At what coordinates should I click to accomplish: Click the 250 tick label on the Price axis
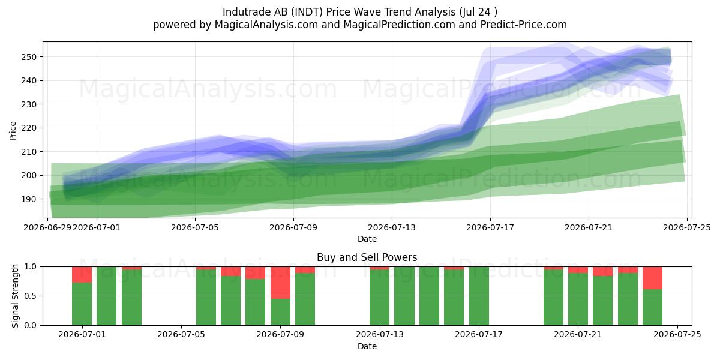tap(29, 57)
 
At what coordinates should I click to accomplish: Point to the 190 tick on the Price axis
tap(29, 199)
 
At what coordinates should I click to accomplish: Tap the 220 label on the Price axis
tap(29, 128)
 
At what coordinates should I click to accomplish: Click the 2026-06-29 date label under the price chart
tap(47, 228)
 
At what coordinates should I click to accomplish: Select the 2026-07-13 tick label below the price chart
tap(391, 228)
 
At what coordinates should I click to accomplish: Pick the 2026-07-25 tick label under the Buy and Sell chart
tap(677, 335)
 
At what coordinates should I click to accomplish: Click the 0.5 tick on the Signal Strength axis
tap(31, 296)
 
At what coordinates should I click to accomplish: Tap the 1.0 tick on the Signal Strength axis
tap(31, 267)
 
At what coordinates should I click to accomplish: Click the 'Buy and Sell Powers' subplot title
tap(367, 257)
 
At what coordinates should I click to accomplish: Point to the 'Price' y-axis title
tap(13, 131)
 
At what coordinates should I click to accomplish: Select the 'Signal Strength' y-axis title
tap(15, 296)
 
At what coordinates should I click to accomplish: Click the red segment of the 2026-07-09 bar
tap(280, 283)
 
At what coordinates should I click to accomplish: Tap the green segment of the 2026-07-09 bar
tap(280, 312)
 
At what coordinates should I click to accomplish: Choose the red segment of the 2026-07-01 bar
tap(82, 275)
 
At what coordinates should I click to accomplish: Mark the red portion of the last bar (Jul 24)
tap(653, 278)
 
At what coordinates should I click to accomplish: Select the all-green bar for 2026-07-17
tap(479, 296)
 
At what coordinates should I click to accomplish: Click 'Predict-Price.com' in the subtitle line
tap(524, 25)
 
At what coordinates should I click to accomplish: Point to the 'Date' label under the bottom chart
tap(367, 346)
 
